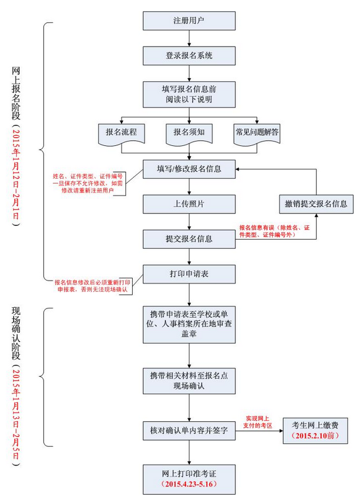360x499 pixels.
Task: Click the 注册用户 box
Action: [189, 20]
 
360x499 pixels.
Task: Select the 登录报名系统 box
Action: [189, 56]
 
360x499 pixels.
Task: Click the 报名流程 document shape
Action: [121, 133]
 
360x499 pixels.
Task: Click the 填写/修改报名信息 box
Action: [189, 169]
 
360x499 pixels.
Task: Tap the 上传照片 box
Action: [189, 204]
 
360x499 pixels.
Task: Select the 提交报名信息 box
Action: [189, 239]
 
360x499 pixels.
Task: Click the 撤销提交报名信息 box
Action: [316, 204]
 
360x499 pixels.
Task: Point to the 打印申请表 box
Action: [189, 274]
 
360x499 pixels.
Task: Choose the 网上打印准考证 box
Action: [189, 477]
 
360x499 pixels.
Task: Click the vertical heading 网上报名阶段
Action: [17, 93]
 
